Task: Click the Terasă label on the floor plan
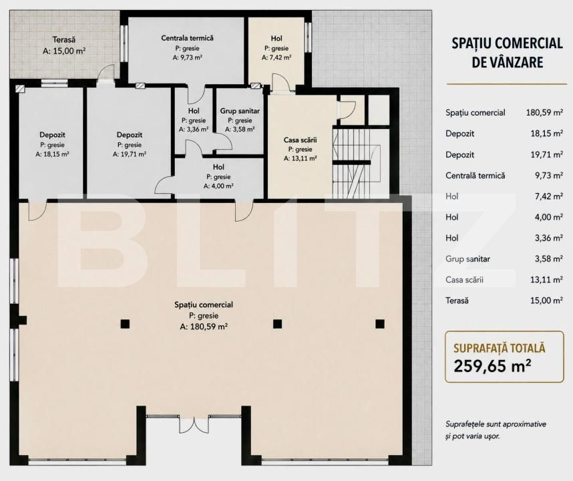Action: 64,39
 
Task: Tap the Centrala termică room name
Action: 187,38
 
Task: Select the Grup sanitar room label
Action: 240,111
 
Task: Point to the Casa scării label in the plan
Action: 300,140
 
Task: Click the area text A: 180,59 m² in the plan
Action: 204,327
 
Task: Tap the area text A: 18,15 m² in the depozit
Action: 52,154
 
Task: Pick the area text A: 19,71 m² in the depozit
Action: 130,154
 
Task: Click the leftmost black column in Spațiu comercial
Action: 125,324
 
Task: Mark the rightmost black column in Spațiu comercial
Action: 380,324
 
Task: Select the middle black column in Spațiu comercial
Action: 277,324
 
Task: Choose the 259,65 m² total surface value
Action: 492,365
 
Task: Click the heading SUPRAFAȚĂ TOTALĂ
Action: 499,348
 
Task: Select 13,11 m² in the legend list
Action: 546,280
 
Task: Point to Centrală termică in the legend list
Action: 475,176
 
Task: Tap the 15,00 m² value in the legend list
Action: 546,301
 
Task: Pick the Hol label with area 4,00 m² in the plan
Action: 218,167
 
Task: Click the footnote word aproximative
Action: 524,424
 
